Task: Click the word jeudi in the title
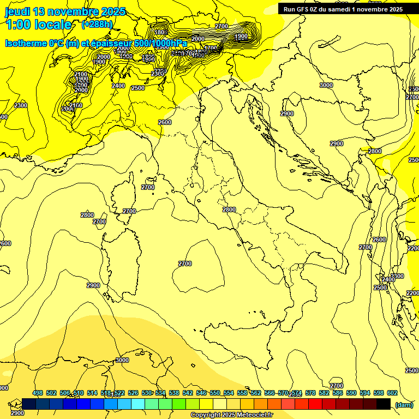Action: [x=17, y=11]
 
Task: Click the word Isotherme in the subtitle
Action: [x=26, y=44]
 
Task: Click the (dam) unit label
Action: [x=404, y=404]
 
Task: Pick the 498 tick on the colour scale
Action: [x=38, y=393]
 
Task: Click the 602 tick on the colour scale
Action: [x=392, y=393]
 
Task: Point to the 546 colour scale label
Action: [x=201, y=393]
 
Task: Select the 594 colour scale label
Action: [x=365, y=393]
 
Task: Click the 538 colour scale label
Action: [x=174, y=393]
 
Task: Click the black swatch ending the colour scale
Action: [x=384, y=404]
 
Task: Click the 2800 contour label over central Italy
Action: [x=229, y=209]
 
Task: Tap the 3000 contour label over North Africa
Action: [x=122, y=360]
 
